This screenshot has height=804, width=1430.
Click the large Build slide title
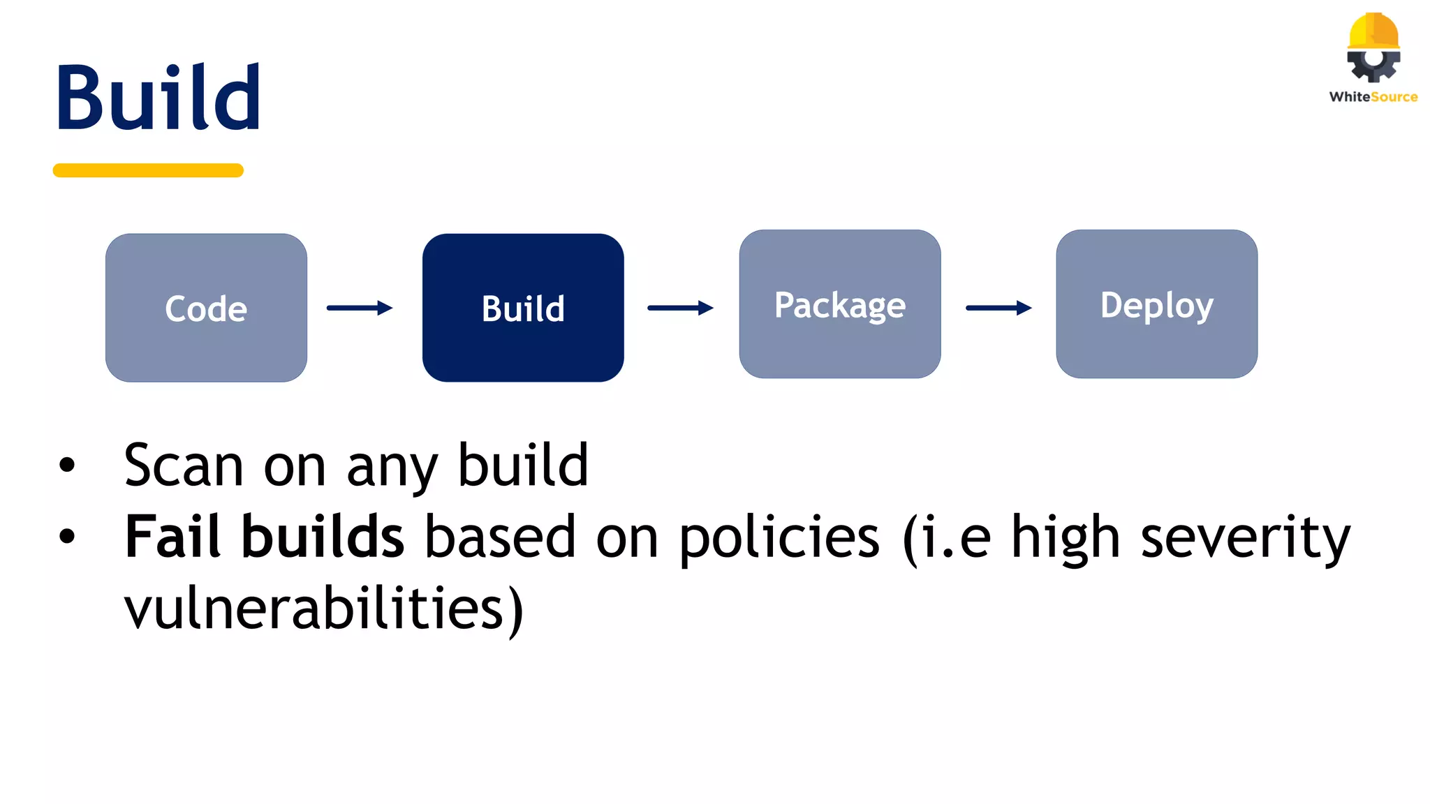(159, 98)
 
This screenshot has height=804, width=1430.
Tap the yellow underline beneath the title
(148, 170)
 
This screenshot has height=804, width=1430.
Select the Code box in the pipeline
(206, 308)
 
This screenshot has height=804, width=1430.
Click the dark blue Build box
(523, 308)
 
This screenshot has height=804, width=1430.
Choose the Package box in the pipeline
(840, 304)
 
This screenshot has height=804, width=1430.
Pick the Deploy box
(1157, 304)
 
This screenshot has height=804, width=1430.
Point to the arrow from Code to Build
(360, 308)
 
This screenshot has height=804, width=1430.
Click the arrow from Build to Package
(680, 308)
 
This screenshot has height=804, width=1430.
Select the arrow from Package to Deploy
(998, 308)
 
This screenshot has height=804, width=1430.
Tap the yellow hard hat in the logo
(1373, 31)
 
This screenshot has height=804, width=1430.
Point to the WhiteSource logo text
(1373, 97)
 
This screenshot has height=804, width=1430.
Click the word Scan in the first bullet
(184, 466)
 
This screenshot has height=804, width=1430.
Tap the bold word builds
(323, 537)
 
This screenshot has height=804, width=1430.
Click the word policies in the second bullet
(779, 538)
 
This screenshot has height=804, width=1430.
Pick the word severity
(1246, 538)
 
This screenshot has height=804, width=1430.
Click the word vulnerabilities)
(323, 609)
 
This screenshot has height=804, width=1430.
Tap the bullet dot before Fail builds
(67, 537)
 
